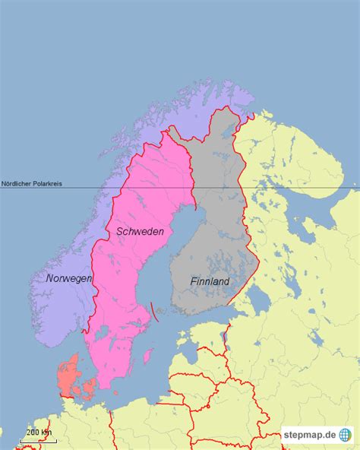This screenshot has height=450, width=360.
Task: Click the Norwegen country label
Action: [68, 279]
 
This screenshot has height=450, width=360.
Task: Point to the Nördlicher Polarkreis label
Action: [32, 183]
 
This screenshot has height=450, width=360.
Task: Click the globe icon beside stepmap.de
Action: [346, 435]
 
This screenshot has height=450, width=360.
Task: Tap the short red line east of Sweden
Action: [154, 309]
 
